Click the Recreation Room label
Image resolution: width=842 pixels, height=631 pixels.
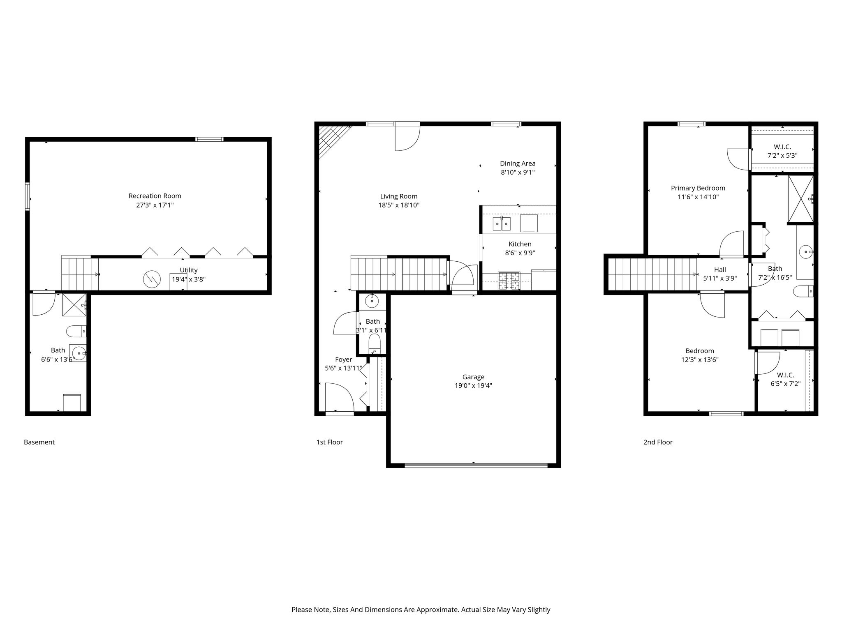[x=155, y=196]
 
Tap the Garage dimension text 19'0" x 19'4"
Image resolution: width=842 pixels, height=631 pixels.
[x=473, y=386]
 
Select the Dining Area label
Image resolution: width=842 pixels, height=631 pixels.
[x=518, y=164]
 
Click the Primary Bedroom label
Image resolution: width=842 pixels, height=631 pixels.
[x=698, y=188]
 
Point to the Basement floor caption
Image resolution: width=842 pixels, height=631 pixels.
[x=39, y=442]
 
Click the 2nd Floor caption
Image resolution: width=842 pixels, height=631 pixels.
[x=658, y=442]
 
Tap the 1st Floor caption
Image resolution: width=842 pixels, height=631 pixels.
[x=329, y=442]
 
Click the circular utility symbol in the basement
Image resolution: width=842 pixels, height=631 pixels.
[x=150, y=280]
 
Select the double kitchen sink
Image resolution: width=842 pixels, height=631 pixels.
[x=502, y=224]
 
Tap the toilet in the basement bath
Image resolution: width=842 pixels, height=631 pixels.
[x=76, y=331]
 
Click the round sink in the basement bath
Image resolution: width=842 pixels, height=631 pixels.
[x=79, y=352]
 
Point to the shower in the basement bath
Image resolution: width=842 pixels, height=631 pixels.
[x=74, y=305]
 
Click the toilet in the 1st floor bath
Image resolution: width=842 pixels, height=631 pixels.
[x=374, y=343]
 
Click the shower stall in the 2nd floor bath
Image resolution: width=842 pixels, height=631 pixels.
[x=800, y=199]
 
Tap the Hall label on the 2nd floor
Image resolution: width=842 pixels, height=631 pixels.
[x=720, y=270]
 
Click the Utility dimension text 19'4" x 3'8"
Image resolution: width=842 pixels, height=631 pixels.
[x=189, y=279]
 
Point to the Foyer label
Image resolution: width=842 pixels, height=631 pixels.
[x=343, y=360]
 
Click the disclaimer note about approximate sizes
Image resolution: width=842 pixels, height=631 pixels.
[x=421, y=610]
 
